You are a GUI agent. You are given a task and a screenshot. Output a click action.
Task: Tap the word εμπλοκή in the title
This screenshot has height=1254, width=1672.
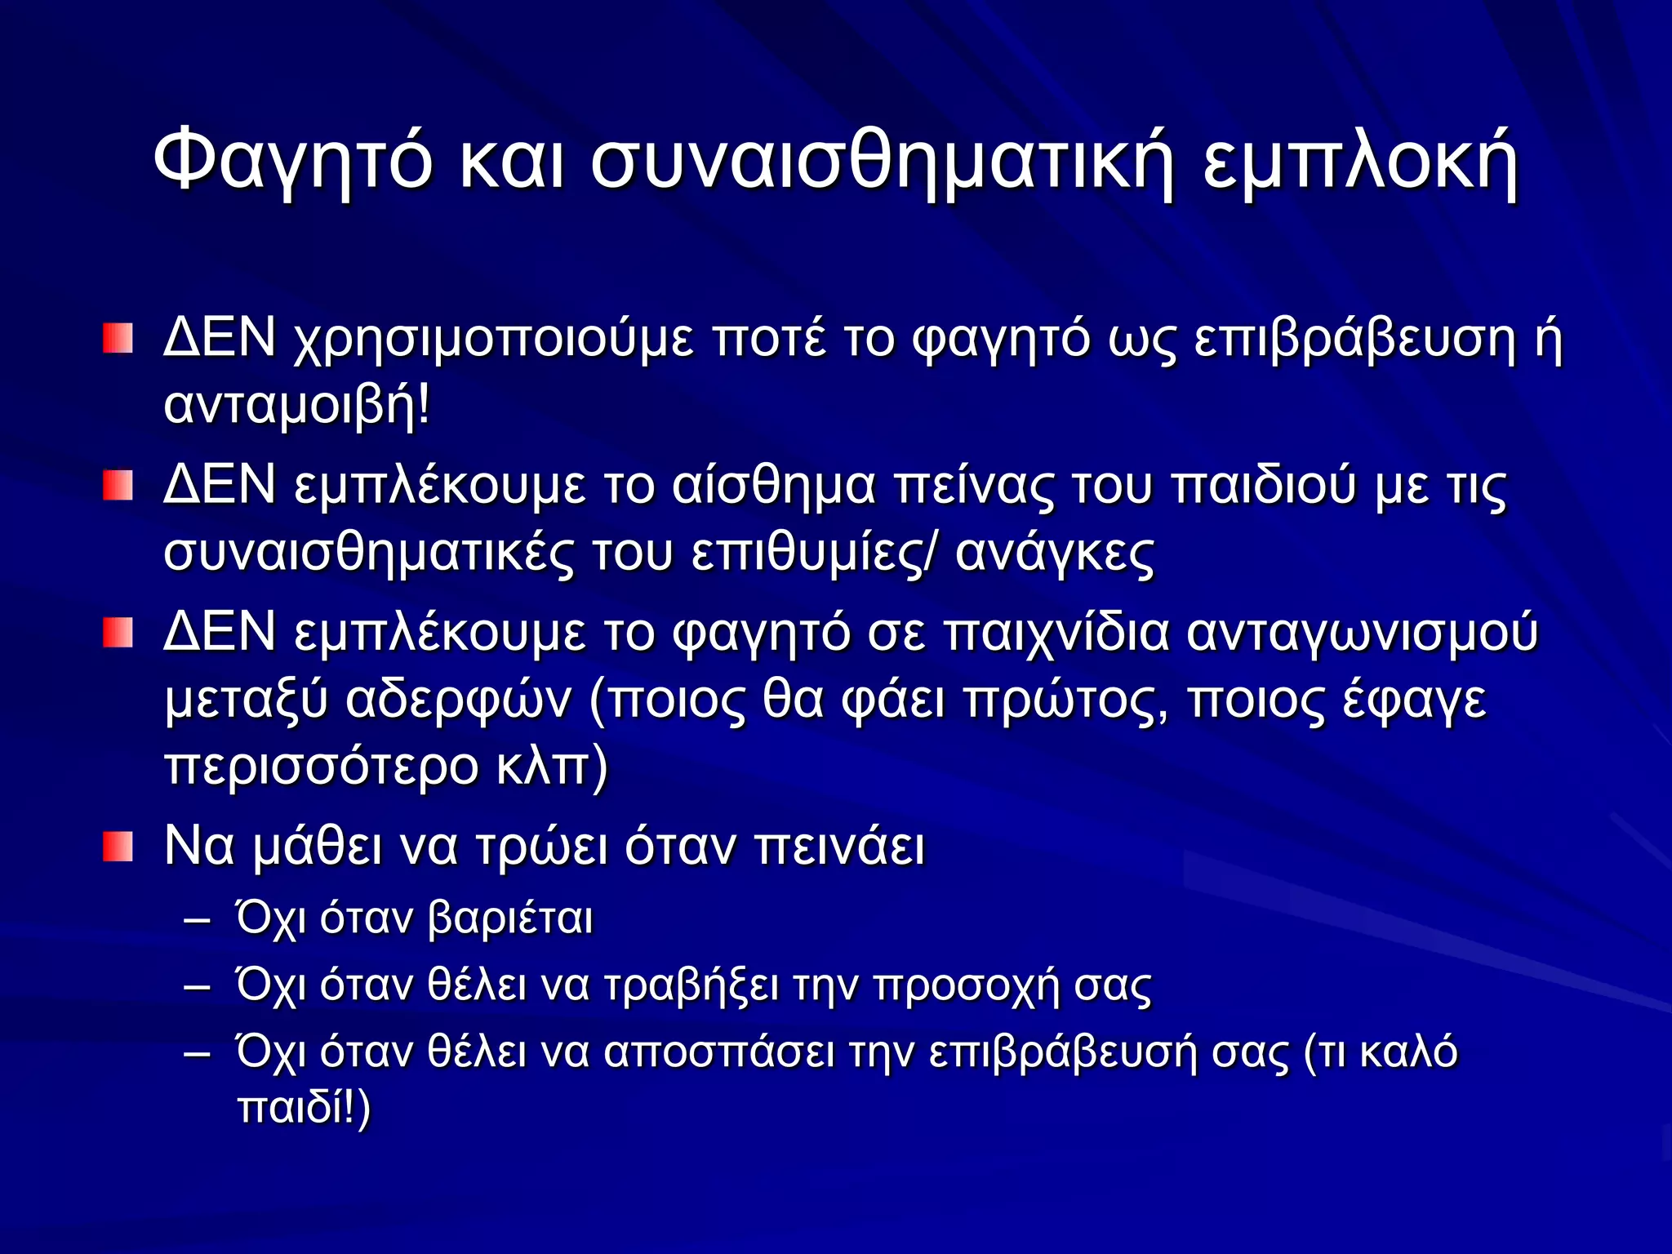coord(1359,160)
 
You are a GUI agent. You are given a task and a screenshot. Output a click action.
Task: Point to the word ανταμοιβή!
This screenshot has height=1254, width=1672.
coord(296,406)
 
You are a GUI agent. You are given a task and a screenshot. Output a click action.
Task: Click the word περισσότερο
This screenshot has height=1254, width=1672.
coord(322,767)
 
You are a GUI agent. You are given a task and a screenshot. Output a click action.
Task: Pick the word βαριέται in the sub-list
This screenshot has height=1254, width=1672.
coord(510,919)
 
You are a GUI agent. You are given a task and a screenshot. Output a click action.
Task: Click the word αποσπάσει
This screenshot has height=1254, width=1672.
coord(719,1052)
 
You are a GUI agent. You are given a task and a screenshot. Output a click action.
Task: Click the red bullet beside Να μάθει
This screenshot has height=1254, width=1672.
coord(118,847)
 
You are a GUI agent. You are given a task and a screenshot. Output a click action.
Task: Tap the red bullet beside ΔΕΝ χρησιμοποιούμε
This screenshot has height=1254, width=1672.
coord(118,338)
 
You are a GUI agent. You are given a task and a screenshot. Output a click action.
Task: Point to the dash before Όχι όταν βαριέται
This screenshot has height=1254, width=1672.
coord(198,920)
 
